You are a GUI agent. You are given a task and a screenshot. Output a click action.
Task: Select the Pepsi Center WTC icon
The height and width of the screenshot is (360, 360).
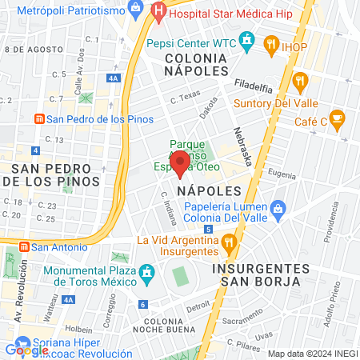[x=248, y=39]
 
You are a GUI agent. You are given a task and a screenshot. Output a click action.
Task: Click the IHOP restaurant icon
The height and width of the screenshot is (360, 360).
[x=271, y=46]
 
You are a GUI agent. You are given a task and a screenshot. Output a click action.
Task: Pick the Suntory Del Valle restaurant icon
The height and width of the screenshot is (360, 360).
[x=300, y=80]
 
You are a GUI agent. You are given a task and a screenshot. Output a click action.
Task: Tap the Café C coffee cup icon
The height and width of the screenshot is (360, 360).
[x=338, y=118]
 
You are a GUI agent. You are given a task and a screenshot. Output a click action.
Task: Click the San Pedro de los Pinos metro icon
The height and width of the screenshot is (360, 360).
[x=38, y=119]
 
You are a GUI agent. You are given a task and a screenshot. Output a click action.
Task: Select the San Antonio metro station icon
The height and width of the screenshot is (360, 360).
[x=24, y=246]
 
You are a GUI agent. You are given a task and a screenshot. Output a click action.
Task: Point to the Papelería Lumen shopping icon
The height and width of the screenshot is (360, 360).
[x=277, y=210]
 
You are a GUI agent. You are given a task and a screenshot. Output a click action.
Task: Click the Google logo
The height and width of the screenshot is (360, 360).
[x=26, y=349]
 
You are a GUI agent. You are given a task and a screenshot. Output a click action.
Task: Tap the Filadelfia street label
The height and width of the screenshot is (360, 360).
[x=254, y=83]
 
